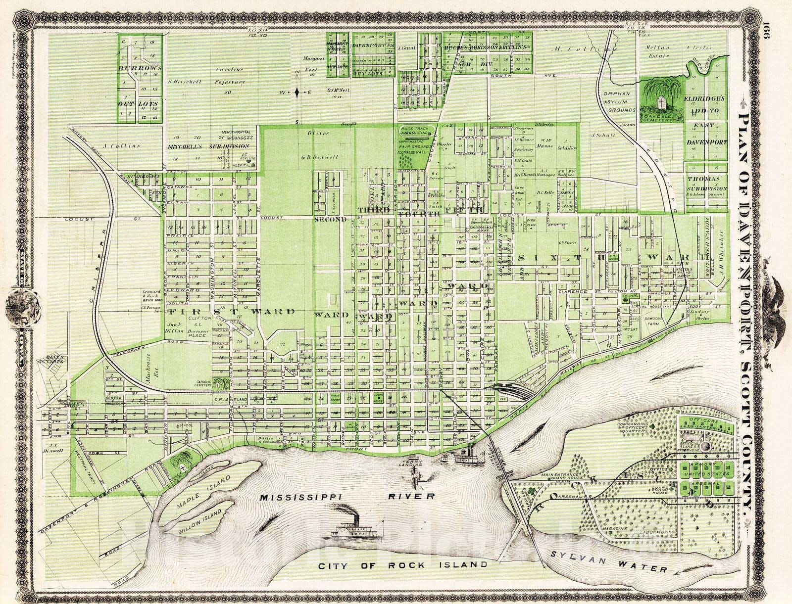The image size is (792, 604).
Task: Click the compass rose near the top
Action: coord(296,92)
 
